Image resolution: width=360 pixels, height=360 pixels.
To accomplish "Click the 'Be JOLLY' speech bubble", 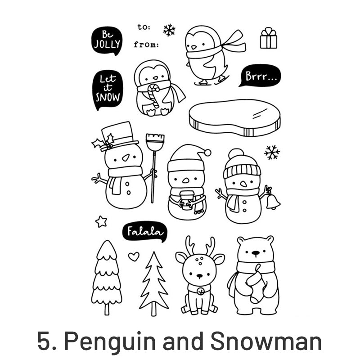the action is pos(107,40).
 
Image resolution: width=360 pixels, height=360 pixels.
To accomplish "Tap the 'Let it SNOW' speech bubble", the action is pos(108,89).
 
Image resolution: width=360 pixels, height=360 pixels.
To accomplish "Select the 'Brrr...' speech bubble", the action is pos(260,76).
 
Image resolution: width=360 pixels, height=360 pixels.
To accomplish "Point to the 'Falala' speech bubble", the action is pos(144,231).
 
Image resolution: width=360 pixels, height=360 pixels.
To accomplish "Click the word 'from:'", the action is pos(146,44).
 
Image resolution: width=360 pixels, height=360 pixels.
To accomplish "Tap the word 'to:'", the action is pos(144,27).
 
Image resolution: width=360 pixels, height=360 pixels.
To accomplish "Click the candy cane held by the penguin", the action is pos(153,95).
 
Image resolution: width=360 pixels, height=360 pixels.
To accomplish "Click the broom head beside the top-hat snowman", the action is pos(155,142).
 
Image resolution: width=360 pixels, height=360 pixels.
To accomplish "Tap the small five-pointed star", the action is pos(101,221).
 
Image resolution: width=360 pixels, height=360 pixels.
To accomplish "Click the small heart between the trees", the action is pos(134,256).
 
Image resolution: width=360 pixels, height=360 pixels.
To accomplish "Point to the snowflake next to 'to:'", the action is pos(169,30).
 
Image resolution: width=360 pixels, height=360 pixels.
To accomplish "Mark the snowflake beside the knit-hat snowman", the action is pos(272,152).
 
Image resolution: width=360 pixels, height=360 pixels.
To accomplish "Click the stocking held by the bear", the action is pos(256,283).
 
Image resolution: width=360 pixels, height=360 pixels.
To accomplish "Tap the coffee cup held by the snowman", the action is pos(186,200).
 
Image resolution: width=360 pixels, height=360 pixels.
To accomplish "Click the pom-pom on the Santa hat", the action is pos(207,153).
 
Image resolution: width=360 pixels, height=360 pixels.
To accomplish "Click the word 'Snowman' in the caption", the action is pos(266,342).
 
